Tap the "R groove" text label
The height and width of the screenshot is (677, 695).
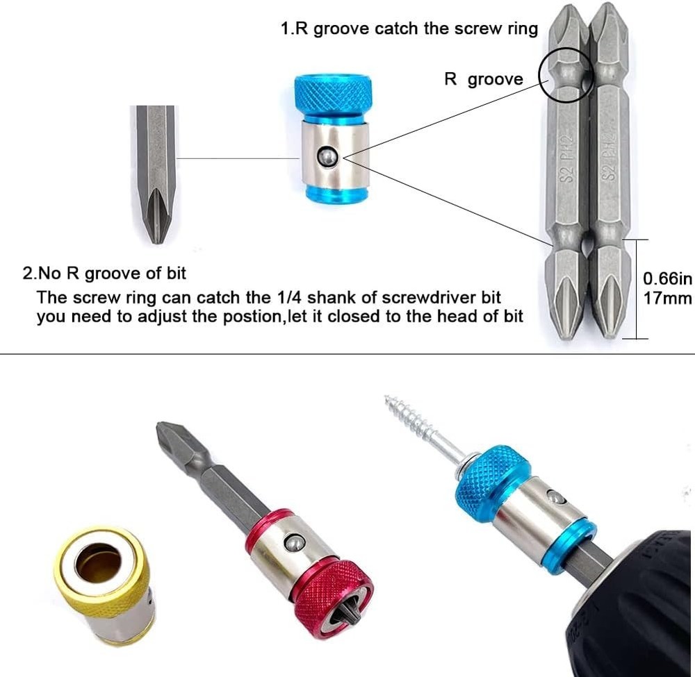(484, 79)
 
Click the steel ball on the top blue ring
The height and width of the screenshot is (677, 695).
(327, 158)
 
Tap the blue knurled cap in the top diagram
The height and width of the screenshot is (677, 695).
(332, 93)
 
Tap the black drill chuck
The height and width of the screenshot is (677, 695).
(632, 604)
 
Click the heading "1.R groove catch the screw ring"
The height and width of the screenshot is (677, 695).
(409, 29)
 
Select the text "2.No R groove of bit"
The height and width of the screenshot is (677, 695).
(105, 273)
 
